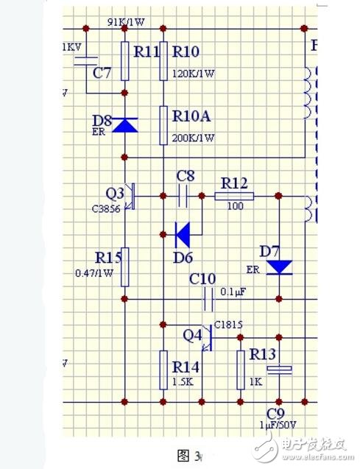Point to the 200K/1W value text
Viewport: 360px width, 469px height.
[x=194, y=138]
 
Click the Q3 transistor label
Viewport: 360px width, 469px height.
[x=115, y=193]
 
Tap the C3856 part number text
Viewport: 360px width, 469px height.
[x=107, y=208]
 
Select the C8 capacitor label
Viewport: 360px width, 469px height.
[x=187, y=176]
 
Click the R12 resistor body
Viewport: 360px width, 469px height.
[x=235, y=197]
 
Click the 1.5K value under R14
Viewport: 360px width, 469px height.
[x=184, y=383]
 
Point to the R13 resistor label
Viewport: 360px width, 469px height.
[x=261, y=355]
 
